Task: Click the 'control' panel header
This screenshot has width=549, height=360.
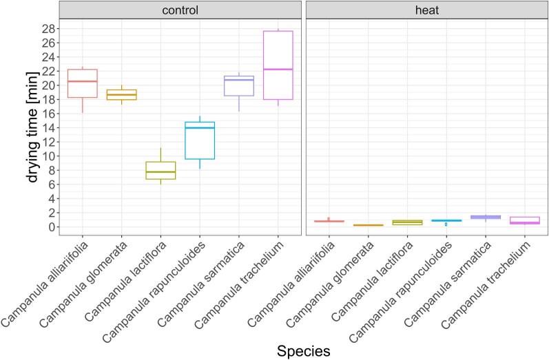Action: pyautogui.click(x=180, y=10)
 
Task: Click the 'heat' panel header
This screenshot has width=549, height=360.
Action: pyautogui.click(x=426, y=10)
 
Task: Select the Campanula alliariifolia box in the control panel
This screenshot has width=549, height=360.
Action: pyautogui.click(x=82, y=83)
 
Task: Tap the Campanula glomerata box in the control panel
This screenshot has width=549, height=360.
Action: pyautogui.click(x=121, y=95)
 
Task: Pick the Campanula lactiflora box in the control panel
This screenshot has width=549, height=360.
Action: pyautogui.click(x=160, y=170)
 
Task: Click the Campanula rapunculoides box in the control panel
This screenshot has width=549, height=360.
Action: pyautogui.click(x=200, y=140)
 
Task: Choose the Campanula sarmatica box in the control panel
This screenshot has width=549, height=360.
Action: pyautogui.click(x=239, y=86)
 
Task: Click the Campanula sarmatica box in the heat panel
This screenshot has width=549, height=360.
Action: pyautogui.click(x=486, y=218)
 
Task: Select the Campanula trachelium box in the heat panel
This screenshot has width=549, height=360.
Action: pyautogui.click(x=525, y=220)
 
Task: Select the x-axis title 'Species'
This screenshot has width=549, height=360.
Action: pyautogui.click(x=303, y=350)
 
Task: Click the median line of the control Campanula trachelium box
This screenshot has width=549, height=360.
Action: pyautogui.click(x=278, y=70)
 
